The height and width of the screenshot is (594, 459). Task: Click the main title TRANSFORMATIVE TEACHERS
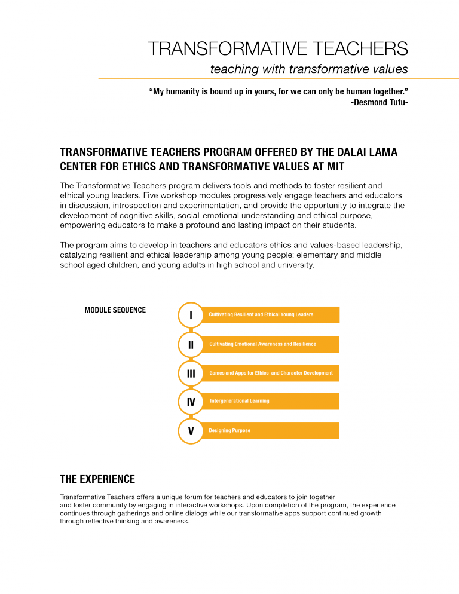click(278, 48)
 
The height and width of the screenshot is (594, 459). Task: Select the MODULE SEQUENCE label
click(115, 310)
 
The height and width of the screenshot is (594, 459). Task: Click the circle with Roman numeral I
click(191, 315)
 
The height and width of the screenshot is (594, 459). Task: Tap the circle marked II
click(191, 344)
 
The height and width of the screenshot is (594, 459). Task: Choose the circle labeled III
click(191, 373)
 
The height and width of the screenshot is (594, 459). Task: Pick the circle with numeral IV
click(191, 402)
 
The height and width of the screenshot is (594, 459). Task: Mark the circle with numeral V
click(191, 431)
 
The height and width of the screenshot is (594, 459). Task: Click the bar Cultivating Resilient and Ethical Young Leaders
click(270, 314)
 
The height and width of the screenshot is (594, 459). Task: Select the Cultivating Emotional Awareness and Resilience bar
click(270, 344)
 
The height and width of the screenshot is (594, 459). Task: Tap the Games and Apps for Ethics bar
click(270, 373)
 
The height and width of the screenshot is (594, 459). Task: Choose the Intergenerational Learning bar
click(270, 401)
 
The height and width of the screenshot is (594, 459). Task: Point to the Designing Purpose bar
click(270, 430)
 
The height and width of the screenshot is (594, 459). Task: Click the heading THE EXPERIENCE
click(97, 479)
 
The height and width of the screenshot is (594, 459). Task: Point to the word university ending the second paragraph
click(292, 265)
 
